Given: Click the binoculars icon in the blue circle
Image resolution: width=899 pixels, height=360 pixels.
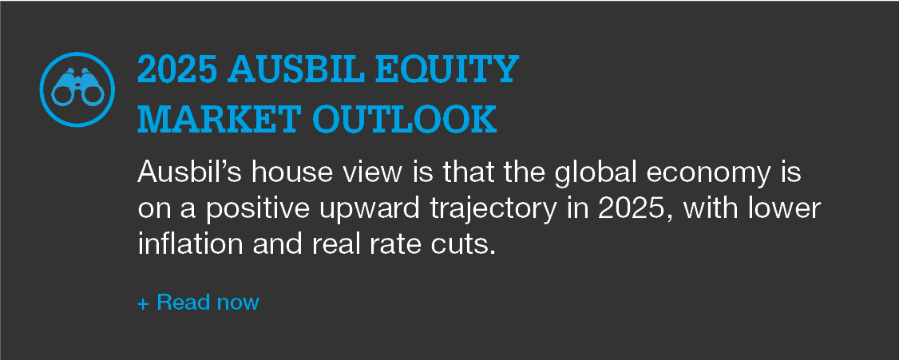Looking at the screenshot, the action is click(77, 89).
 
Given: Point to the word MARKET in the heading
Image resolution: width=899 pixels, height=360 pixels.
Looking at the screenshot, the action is click(220, 120).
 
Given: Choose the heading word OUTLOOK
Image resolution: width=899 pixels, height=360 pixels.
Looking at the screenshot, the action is click(404, 120).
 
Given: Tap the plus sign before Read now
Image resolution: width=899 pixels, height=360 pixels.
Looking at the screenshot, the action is click(144, 303).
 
